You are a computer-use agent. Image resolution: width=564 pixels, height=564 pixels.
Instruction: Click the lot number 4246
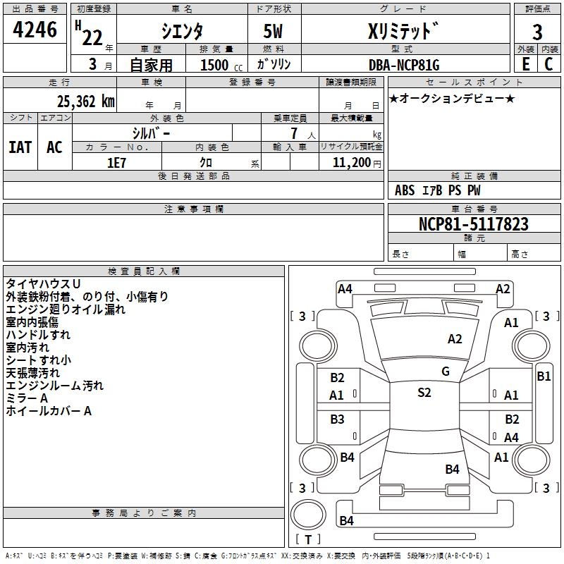click(x=35, y=30)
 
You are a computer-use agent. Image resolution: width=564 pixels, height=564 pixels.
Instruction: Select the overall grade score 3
click(x=537, y=32)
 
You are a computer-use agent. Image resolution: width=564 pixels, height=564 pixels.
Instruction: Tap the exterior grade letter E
click(x=526, y=64)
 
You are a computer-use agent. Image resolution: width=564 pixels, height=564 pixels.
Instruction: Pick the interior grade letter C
click(x=548, y=64)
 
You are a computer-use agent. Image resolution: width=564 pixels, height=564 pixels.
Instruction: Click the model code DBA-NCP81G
click(x=404, y=65)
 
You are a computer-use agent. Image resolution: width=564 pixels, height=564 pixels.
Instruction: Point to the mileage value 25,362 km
click(x=86, y=102)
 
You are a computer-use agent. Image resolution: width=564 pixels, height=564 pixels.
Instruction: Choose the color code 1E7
click(x=116, y=163)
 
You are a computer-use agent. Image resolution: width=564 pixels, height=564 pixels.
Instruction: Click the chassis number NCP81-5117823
click(x=474, y=224)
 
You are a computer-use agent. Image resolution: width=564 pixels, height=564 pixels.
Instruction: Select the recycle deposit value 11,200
click(x=351, y=163)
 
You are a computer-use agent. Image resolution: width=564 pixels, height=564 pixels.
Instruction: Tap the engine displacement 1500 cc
click(x=221, y=65)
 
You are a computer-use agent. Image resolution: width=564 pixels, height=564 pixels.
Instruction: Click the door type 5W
click(x=273, y=31)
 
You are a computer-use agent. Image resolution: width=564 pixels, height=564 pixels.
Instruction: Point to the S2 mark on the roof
click(x=424, y=393)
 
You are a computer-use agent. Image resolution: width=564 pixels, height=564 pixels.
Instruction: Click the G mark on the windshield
click(x=446, y=372)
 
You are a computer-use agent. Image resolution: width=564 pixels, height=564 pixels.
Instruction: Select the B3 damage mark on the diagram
click(x=337, y=419)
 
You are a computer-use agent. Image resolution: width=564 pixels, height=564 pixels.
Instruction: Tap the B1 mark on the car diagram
click(x=544, y=376)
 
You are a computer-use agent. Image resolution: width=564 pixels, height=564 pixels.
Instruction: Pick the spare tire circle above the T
click(x=308, y=515)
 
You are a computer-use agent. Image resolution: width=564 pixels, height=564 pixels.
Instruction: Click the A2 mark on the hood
click(x=455, y=339)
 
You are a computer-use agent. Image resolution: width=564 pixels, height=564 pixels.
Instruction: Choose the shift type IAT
click(x=20, y=147)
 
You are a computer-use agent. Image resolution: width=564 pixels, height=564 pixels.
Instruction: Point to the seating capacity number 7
click(x=294, y=133)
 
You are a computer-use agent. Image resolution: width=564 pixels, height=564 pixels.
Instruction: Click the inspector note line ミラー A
click(x=27, y=398)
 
